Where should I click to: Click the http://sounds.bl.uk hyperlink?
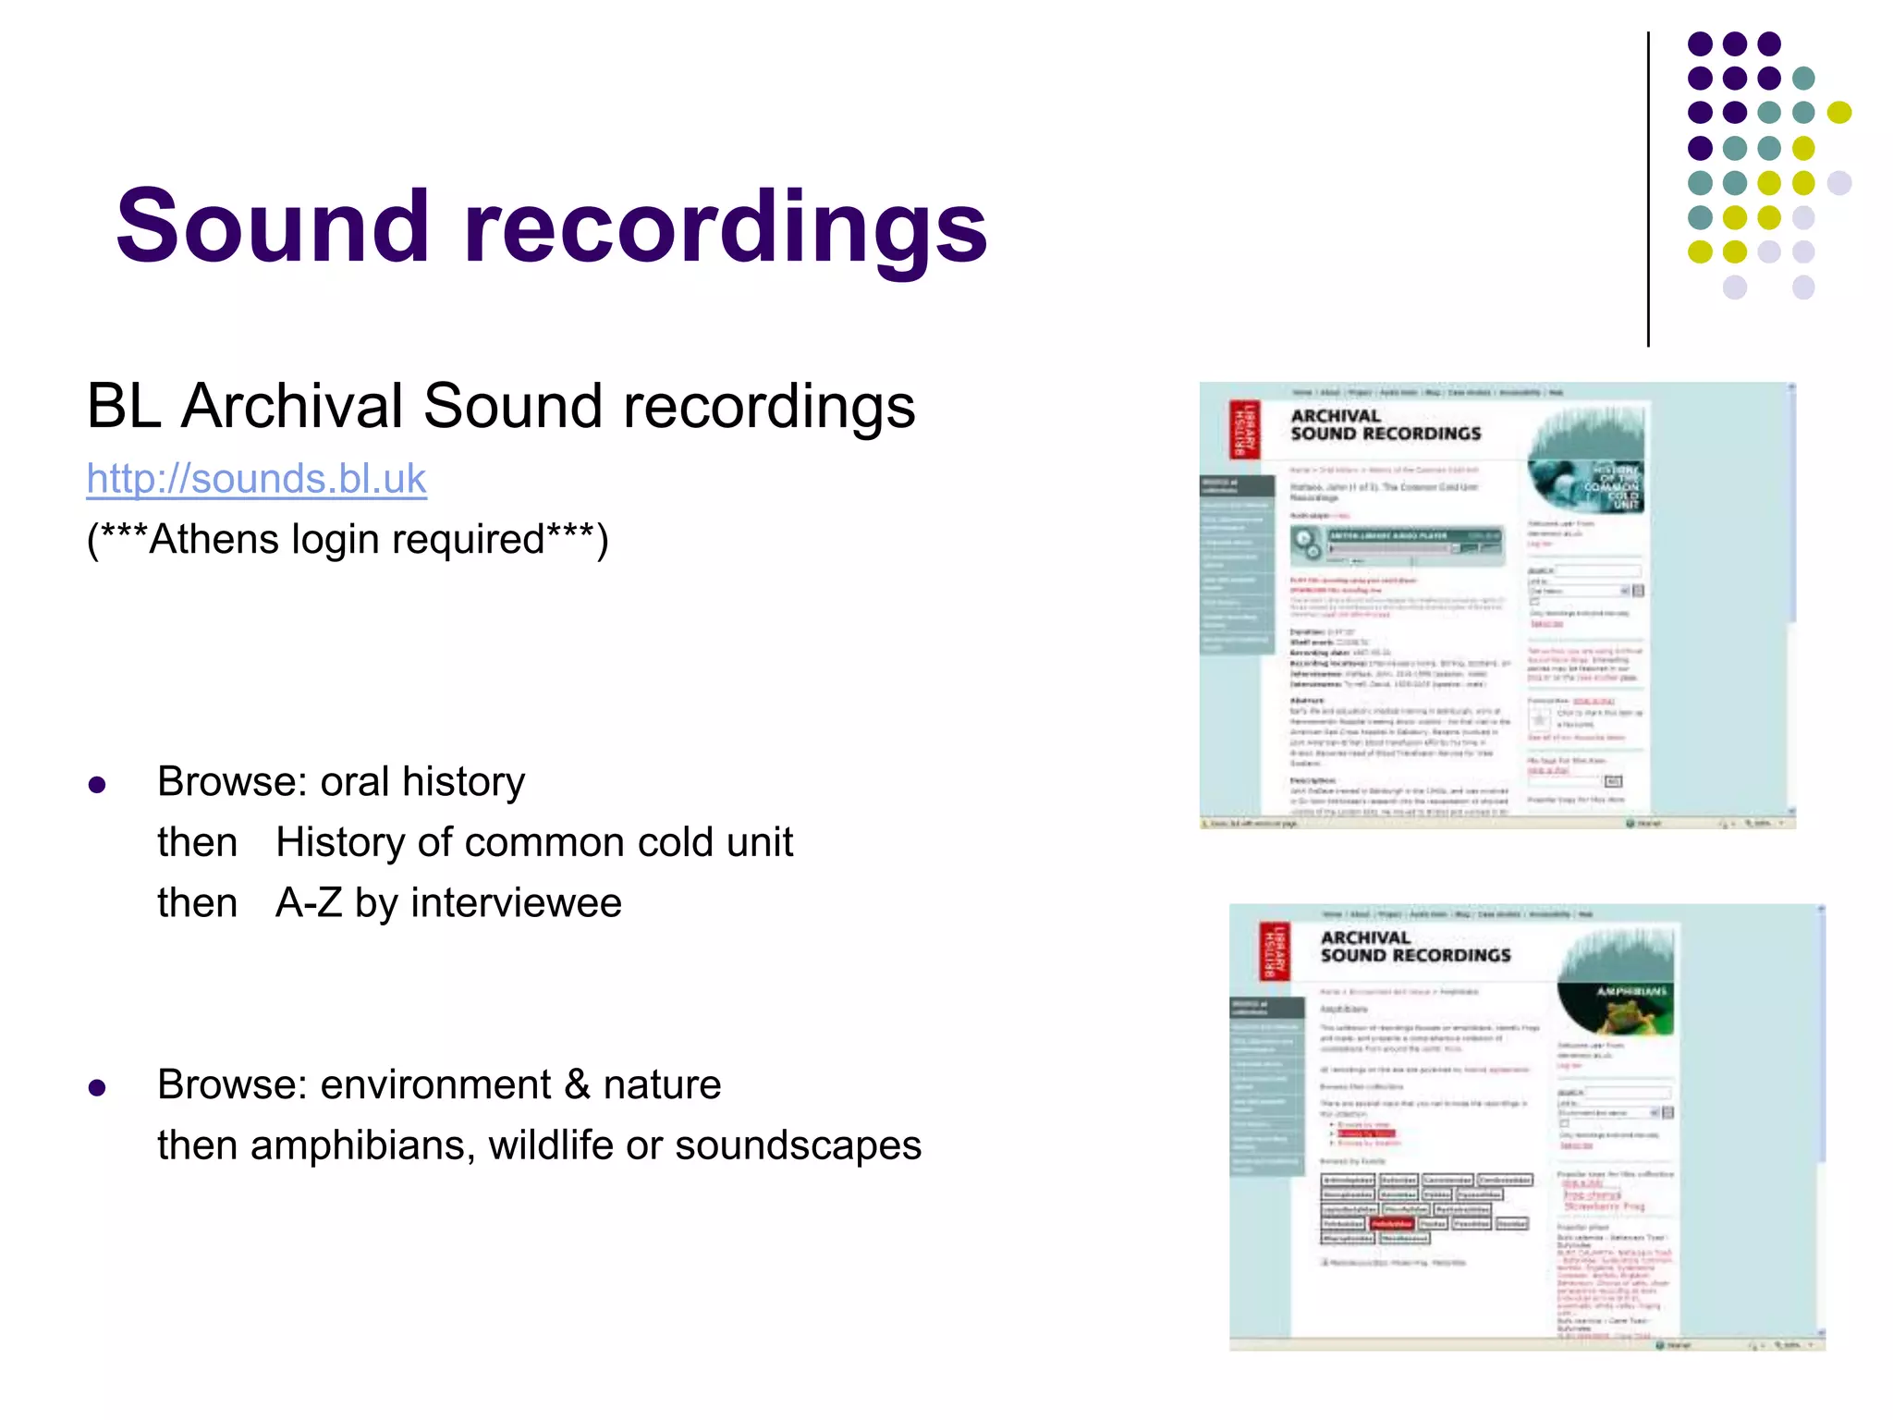256,479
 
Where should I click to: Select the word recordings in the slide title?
726,227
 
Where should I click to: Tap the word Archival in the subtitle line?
292,406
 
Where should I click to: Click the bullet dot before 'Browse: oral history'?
97,786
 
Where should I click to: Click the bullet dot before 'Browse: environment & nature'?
97,1088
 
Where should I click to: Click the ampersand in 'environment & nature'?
577,1084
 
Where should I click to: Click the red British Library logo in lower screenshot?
1275,950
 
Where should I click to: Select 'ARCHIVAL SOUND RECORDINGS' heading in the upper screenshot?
1385,425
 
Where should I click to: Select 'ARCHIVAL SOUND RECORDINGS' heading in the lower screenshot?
1414,947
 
